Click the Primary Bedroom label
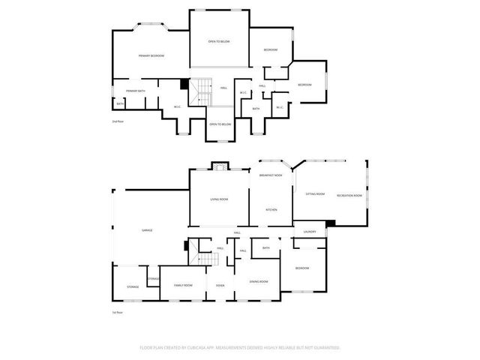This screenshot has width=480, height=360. (151, 56)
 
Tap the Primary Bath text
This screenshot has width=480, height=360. (136, 91)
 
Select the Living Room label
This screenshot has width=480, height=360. (219, 199)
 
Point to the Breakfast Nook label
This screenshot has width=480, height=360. (270, 175)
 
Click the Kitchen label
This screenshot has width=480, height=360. (271, 209)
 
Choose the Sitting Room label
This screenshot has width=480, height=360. (315, 194)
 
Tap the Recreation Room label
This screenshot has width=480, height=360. (349, 195)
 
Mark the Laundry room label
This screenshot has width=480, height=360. (310, 232)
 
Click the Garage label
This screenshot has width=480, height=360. (147, 230)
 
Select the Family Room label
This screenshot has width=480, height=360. (183, 285)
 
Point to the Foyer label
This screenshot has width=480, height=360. (220, 285)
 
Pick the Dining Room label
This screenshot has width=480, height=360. (259, 281)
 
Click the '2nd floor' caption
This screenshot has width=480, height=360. (116, 121)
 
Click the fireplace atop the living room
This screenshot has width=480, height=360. (219, 166)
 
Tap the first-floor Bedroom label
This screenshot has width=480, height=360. (301, 268)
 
